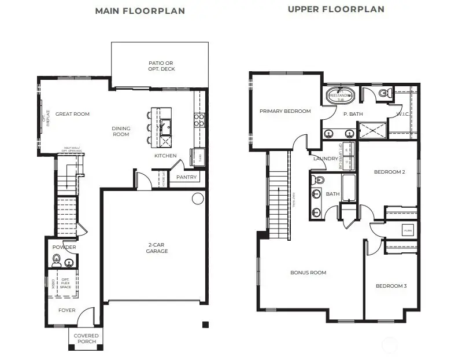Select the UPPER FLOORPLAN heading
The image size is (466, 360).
tap(336, 9)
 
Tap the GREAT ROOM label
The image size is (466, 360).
tap(73, 114)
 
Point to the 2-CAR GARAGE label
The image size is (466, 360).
tap(157, 248)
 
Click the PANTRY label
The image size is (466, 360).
tap(186, 177)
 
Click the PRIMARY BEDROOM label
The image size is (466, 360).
tap(285, 111)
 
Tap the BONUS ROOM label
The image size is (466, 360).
tap(309, 273)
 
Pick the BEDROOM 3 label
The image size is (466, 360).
tap(391, 286)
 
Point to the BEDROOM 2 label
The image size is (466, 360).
tap(389, 172)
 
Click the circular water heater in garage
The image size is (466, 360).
tap(198, 199)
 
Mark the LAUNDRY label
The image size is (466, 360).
tap(325, 159)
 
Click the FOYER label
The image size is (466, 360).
tap(66, 310)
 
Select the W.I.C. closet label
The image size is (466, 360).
tap(403, 114)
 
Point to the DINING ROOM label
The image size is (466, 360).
tap(121, 131)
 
